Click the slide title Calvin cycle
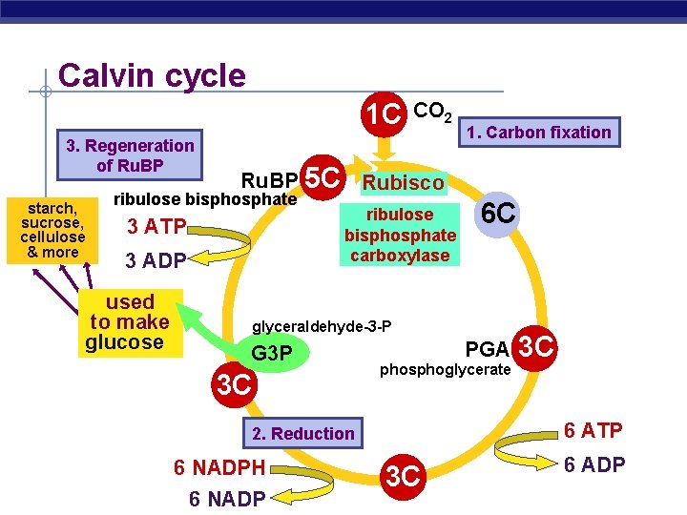tap(152, 76)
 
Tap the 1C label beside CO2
tap(385, 113)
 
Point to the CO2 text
tap(434, 112)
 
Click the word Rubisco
tap(402, 182)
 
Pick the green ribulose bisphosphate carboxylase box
tap(400, 235)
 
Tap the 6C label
tap(499, 213)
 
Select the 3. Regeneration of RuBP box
tap(130, 154)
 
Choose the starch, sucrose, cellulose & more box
tap(53, 230)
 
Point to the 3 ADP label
tap(156, 259)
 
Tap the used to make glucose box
tap(129, 322)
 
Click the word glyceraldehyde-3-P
tap(321, 327)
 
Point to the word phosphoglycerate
tap(446, 370)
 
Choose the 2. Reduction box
tap(302, 434)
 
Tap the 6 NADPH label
tap(219, 467)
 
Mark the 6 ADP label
tap(593, 465)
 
